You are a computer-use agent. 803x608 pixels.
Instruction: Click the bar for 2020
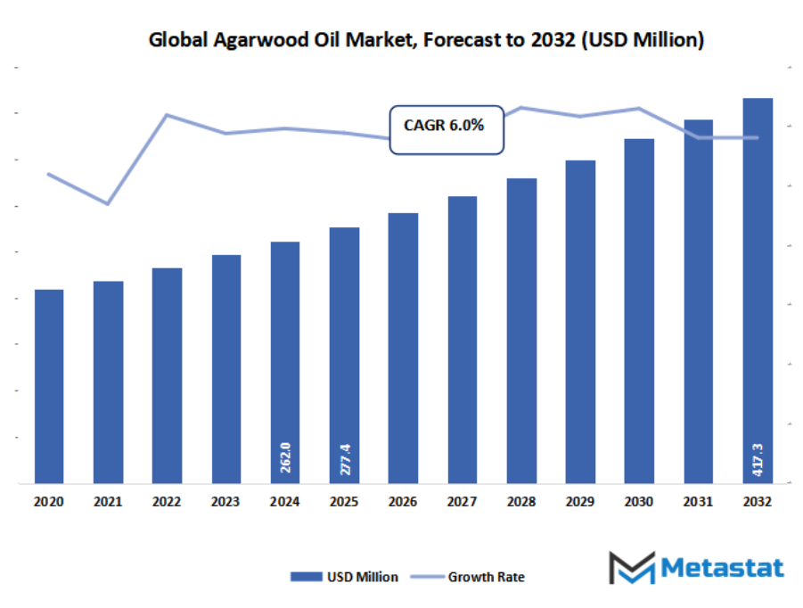(49, 387)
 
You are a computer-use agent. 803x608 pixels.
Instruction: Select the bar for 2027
(463, 340)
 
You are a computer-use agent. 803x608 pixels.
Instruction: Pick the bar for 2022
(167, 375)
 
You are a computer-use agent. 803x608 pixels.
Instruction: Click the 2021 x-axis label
(108, 503)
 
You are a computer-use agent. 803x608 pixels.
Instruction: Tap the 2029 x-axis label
(580, 503)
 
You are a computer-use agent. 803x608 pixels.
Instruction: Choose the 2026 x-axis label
(403, 503)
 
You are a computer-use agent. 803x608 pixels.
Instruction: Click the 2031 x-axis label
(699, 503)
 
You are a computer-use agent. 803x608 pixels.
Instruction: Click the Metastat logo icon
(630, 568)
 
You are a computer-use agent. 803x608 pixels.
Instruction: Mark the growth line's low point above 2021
(108, 204)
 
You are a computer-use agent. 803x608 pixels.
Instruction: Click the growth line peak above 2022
(167, 114)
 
